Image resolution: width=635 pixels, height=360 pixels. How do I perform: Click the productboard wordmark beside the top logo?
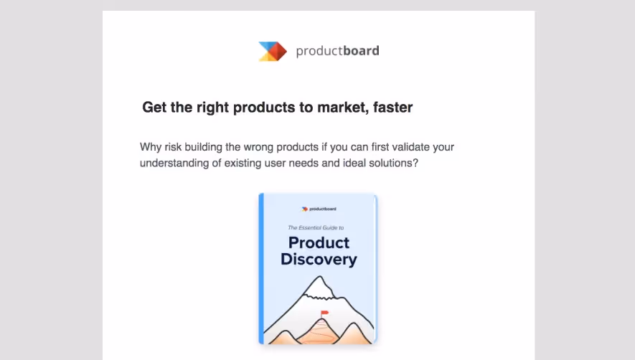click(x=337, y=51)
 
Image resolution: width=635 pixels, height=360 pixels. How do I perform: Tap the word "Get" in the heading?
click(x=154, y=108)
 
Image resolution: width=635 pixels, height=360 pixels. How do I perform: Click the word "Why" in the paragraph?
click(x=151, y=147)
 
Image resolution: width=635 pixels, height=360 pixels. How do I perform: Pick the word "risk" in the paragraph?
click(x=177, y=147)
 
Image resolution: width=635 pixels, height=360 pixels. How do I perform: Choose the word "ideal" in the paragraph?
click(x=343, y=164)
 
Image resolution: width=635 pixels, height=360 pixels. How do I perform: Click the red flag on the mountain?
click(x=324, y=313)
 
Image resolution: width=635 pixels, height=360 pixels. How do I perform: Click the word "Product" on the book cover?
click(x=319, y=242)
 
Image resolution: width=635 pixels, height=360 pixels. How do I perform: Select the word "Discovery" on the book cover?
click(x=319, y=259)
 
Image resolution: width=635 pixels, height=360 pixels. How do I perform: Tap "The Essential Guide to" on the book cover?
click(x=319, y=227)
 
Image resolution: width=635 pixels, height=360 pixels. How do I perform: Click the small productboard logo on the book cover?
click(x=319, y=209)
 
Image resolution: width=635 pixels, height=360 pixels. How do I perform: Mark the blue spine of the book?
click(x=262, y=269)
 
